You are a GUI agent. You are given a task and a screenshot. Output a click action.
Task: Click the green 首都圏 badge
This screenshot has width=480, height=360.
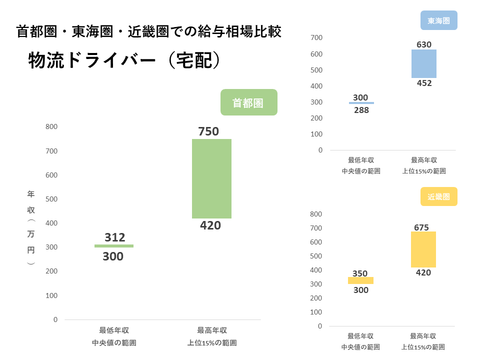248,102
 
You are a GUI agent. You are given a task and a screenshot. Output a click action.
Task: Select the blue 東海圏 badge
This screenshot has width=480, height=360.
439,21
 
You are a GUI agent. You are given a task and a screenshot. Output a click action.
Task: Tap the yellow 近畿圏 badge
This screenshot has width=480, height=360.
439,196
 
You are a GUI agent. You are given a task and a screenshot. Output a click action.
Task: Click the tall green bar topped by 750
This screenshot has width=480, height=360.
211,178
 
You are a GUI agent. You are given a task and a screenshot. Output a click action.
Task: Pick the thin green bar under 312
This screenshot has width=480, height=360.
114,246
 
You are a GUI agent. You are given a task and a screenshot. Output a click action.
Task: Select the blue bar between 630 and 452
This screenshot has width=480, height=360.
424,63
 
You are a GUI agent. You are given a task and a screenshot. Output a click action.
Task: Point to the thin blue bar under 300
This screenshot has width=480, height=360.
361,103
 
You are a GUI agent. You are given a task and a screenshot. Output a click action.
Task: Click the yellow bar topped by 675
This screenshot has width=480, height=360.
423,249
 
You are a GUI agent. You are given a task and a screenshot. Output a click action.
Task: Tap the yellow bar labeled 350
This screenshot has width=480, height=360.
361,280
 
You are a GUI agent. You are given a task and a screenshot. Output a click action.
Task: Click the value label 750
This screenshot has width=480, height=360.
208,131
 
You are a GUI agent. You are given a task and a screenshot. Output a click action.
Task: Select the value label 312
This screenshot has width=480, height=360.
115,237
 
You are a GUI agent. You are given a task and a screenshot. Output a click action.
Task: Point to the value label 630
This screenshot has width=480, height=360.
424,44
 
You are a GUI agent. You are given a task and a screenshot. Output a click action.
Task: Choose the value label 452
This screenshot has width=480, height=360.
424,83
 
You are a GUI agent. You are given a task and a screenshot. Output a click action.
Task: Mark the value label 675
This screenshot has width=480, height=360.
421,227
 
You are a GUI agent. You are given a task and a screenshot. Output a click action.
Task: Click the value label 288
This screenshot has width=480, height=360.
361,110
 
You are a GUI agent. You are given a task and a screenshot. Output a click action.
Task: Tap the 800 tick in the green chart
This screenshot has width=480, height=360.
51,127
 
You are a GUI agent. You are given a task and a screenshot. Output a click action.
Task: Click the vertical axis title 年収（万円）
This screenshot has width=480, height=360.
31,227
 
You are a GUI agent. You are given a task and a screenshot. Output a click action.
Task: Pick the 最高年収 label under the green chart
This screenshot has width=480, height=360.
212,330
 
